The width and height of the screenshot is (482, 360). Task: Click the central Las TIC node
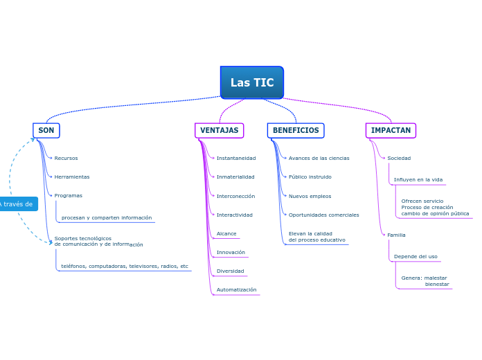[x=252, y=82]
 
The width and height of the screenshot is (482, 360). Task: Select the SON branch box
[x=46, y=130]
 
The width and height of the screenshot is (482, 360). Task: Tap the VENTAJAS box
[x=219, y=130]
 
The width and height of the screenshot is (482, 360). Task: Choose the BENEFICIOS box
[x=296, y=130]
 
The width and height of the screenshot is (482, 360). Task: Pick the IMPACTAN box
[x=391, y=130]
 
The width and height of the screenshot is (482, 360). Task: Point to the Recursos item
[x=66, y=158]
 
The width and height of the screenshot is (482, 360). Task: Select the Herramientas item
[x=71, y=177]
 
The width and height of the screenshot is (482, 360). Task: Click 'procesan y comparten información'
[x=107, y=217]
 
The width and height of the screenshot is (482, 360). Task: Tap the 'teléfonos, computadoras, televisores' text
[x=125, y=266]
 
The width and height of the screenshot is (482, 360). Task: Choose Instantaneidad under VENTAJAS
[x=236, y=158]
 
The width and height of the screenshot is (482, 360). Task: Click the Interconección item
[x=235, y=196]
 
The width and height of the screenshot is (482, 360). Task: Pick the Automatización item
[x=236, y=289]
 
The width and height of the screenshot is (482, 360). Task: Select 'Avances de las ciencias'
[x=319, y=158]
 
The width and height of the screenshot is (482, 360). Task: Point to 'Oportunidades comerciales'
[x=323, y=215]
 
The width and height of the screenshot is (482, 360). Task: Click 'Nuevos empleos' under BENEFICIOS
[x=310, y=196]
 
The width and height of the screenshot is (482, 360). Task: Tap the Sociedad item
[x=399, y=158]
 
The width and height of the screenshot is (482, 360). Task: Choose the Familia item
[x=396, y=235]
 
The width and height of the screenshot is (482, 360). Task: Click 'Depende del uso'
[x=416, y=256]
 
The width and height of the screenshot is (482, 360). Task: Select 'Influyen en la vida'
[x=418, y=179]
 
